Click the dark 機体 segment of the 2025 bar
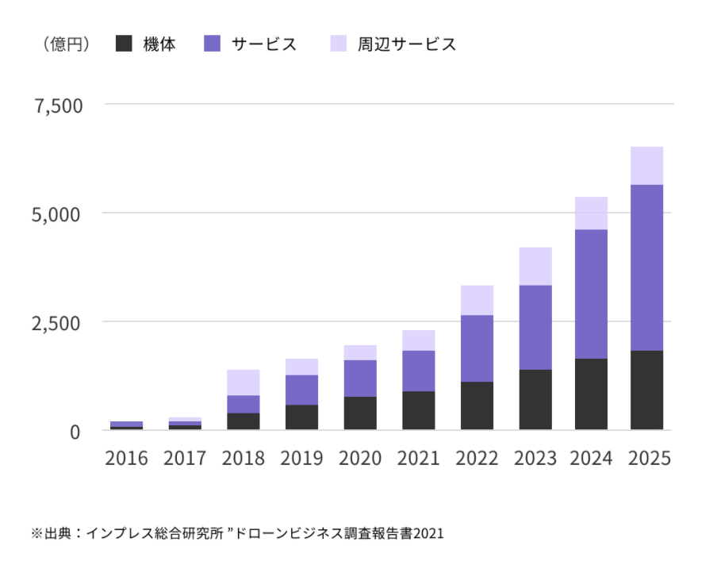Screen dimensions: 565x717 [x=646, y=390]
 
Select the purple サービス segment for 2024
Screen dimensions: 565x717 [x=591, y=294]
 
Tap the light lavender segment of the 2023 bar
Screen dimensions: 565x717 [x=535, y=266]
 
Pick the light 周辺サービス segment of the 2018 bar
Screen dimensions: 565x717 [x=243, y=382]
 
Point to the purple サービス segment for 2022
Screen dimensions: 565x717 [x=477, y=348]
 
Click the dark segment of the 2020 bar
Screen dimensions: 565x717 [x=360, y=413]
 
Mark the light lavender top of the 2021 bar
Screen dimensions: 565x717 [x=418, y=340]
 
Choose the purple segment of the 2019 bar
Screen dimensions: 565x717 [x=301, y=390]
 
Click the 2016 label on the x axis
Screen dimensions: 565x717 [x=127, y=459]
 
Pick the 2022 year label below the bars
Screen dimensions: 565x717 [x=477, y=459]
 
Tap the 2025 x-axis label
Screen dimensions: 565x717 [x=647, y=459]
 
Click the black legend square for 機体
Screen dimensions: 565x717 [x=123, y=44]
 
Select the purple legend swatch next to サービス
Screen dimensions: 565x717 [x=212, y=44]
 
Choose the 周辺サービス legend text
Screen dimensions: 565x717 [x=407, y=44]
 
